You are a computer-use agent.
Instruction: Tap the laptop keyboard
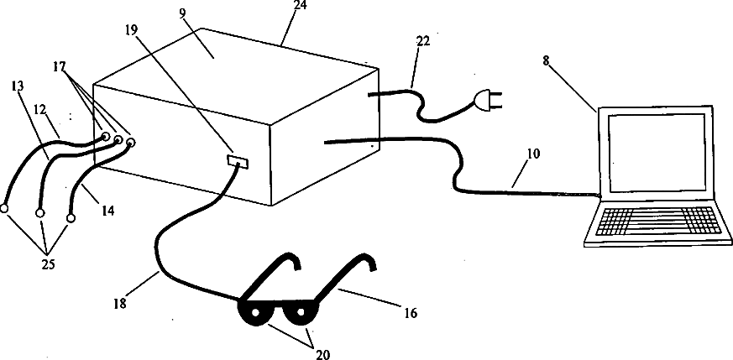(657, 222)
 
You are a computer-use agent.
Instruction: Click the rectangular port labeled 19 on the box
(238, 160)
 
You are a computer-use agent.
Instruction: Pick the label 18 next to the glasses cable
(119, 303)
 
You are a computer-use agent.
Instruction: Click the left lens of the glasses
(257, 314)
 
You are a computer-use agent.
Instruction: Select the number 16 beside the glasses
(411, 313)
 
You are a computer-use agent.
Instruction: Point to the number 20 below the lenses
(322, 354)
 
